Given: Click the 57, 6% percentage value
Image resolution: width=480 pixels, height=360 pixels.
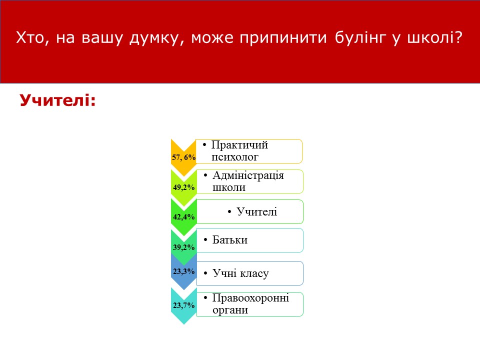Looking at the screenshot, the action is [x=183, y=157].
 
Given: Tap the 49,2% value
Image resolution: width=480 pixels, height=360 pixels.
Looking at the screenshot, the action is [x=183, y=187].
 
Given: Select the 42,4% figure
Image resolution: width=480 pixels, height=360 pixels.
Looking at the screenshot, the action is [x=183, y=217].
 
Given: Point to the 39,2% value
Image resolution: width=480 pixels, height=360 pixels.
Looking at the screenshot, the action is [x=183, y=247].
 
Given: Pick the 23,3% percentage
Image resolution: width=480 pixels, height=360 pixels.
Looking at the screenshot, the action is [x=183, y=271].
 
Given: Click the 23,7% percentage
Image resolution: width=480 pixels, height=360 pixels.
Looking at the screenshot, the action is [x=183, y=305].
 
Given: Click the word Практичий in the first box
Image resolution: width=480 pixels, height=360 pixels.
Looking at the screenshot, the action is [x=239, y=145].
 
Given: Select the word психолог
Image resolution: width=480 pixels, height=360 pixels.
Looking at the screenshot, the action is [x=235, y=157].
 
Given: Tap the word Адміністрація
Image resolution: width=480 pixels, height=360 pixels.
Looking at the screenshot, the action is [x=248, y=175].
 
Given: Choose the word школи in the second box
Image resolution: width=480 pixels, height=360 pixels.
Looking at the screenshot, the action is [x=229, y=187].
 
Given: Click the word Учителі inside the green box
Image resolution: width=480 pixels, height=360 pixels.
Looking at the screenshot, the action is [x=257, y=211].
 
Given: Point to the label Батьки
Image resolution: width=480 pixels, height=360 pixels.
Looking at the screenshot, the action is [x=230, y=239].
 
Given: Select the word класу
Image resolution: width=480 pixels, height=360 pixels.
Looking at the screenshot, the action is [x=254, y=273].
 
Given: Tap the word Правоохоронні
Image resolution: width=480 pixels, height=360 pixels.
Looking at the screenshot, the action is [x=250, y=298].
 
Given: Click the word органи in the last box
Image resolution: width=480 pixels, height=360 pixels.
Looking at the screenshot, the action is [x=230, y=310].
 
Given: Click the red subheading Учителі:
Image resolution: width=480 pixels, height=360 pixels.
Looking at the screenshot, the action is [x=58, y=100].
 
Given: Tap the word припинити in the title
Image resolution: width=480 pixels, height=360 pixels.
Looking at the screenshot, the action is [x=283, y=38].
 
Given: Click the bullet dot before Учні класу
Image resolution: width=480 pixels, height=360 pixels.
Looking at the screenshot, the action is [x=205, y=273].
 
